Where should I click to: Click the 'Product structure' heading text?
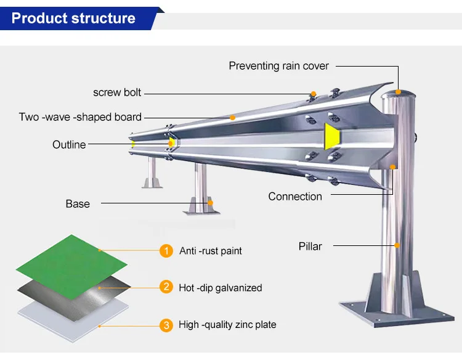pyautogui.click(x=73, y=18)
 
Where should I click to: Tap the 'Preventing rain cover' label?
pyautogui.click(x=278, y=66)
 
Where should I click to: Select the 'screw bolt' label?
pyautogui.click(x=117, y=92)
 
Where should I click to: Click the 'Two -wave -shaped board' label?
pyautogui.click(x=80, y=117)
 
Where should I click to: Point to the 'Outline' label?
pyautogui.click(x=69, y=145)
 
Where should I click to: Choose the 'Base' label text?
pyautogui.click(x=78, y=204)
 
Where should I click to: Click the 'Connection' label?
pyautogui.click(x=295, y=197)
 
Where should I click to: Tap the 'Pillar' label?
pyautogui.click(x=310, y=246)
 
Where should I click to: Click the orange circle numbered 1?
pyautogui.click(x=166, y=251)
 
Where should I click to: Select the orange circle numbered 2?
pyautogui.click(x=166, y=287)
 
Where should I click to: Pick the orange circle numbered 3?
pyautogui.click(x=166, y=325)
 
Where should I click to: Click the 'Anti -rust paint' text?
pyautogui.click(x=211, y=251)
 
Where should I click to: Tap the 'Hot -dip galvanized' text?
pyautogui.click(x=221, y=288)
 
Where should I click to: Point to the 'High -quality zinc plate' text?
pyautogui.click(x=227, y=325)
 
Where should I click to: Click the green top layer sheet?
pyautogui.click(x=71, y=267)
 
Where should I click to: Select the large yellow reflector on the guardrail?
pyautogui.click(x=332, y=136)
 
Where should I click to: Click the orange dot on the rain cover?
pyautogui.click(x=398, y=92)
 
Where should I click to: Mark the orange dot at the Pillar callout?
pyautogui.click(x=397, y=245)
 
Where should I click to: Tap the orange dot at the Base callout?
pyautogui.click(x=211, y=203)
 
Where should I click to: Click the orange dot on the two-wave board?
pyautogui.click(x=232, y=118)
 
